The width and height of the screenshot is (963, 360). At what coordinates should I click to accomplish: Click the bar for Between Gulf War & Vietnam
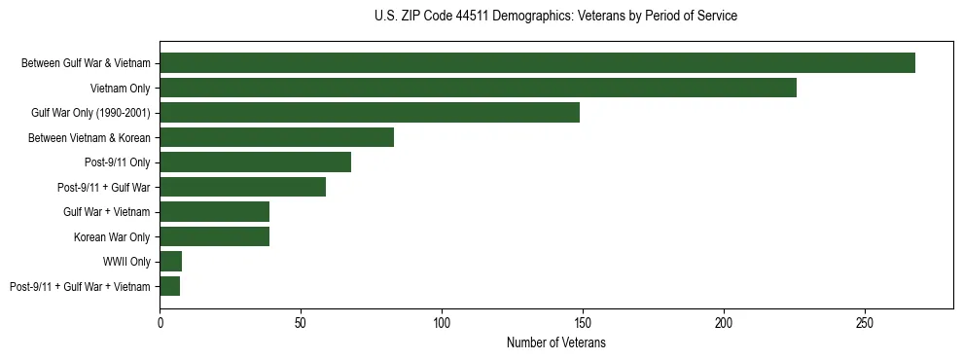(537, 63)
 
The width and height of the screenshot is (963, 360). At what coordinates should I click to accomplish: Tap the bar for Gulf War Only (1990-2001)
(370, 113)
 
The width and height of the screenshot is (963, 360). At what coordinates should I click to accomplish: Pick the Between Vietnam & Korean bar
(276, 137)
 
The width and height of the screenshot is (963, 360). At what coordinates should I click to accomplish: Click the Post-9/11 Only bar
(255, 162)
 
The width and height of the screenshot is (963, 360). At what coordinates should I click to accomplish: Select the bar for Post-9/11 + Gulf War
(242, 187)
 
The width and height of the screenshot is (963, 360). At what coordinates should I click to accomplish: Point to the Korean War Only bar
(214, 236)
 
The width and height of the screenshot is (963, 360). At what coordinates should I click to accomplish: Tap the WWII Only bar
(171, 262)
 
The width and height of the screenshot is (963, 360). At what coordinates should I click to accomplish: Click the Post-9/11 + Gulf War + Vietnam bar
(170, 286)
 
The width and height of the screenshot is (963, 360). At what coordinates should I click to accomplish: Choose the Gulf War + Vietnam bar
(214, 212)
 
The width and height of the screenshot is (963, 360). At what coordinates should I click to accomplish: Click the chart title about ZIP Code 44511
(555, 17)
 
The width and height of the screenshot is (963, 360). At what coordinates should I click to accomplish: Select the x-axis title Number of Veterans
(555, 342)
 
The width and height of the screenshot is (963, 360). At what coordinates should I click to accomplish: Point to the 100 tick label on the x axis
(442, 321)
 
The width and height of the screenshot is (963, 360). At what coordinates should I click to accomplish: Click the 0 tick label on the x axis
(160, 321)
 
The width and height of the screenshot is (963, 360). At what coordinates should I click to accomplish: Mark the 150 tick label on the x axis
(583, 321)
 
